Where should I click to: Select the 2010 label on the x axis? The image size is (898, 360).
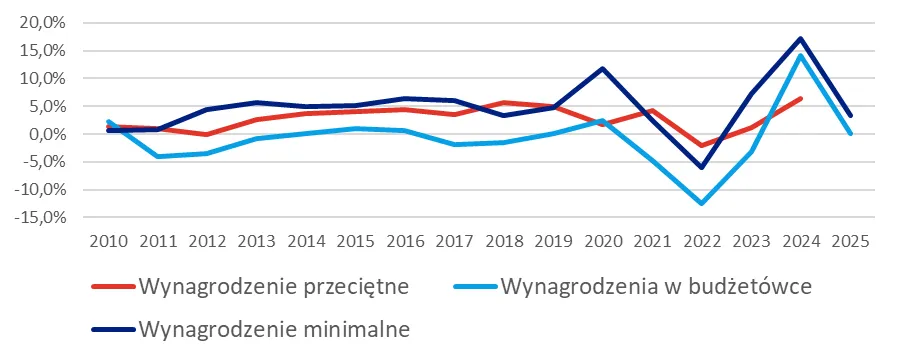tap(107, 241)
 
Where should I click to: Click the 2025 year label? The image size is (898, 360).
tap(850, 241)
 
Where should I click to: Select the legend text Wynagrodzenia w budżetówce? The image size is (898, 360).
tap(656, 287)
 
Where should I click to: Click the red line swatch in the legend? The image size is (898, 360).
tap(113, 287)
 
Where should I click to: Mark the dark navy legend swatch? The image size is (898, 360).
tap(113, 327)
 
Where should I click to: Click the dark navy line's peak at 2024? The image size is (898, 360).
tap(801, 39)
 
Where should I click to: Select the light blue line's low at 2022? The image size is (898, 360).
tap(702, 204)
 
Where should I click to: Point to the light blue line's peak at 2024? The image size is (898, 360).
tap(801, 55)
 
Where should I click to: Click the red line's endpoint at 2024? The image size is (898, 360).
tap(801, 98)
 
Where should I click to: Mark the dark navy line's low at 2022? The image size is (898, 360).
tap(702, 167)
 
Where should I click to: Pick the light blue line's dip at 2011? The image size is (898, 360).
tap(157, 156)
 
